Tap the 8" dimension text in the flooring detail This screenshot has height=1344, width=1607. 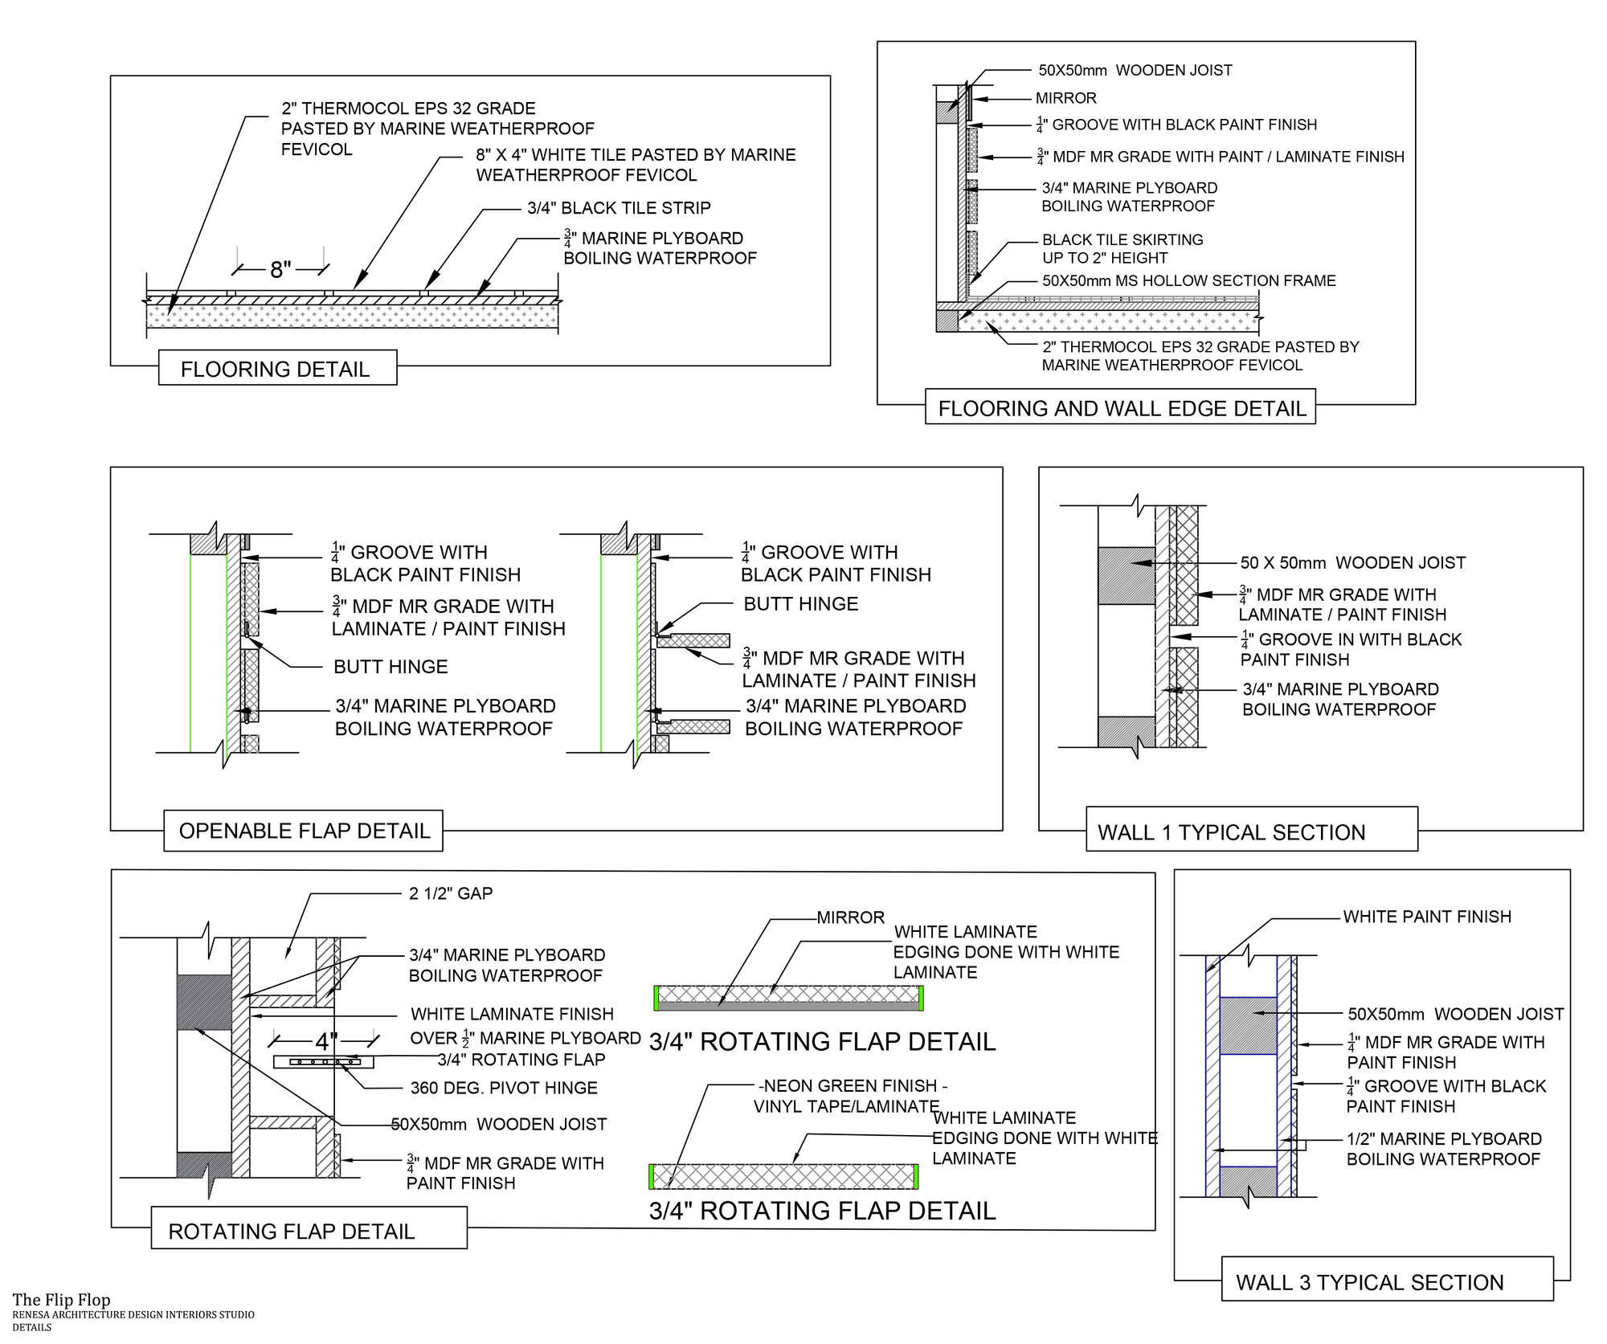point(280,270)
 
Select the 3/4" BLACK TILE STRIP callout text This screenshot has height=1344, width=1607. point(619,208)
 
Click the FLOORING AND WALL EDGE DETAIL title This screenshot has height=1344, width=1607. point(1122,408)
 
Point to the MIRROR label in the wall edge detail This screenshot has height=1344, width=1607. point(1065,98)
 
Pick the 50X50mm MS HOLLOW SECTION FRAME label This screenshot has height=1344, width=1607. point(1188,280)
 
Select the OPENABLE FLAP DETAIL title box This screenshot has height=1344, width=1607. point(304,831)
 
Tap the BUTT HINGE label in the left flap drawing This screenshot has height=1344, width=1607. point(391,666)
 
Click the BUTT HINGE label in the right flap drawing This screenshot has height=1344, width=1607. point(800,604)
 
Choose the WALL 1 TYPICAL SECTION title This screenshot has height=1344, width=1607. point(1231,832)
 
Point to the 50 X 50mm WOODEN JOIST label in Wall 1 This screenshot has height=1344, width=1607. point(1352,562)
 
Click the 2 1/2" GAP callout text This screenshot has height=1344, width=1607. point(451,893)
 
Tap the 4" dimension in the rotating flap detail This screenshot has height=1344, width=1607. point(326,1042)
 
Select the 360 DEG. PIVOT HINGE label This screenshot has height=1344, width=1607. point(504,1088)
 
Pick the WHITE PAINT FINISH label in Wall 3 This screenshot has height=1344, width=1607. point(1427,917)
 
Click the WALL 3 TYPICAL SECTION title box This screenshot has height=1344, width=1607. point(1369,1282)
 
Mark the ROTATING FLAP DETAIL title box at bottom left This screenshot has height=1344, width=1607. point(291,1232)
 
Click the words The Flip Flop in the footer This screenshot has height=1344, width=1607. point(61,1300)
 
